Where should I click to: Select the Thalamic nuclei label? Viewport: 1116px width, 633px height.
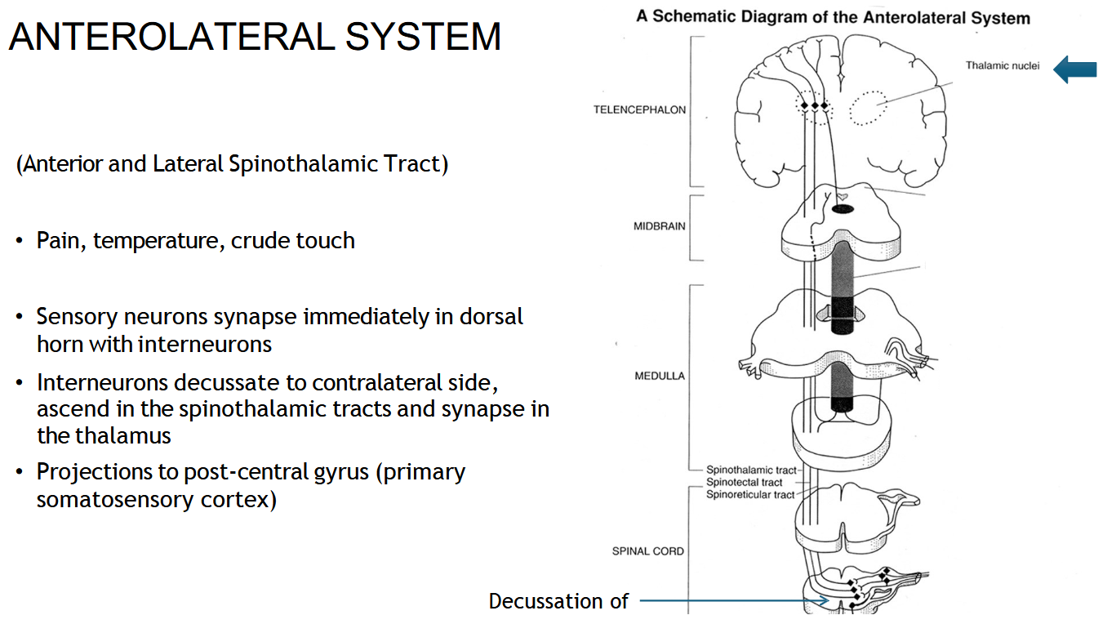tap(1002, 66)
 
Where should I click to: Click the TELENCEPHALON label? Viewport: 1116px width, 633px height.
tap(639, 110)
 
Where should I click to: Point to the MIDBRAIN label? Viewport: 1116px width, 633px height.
tap(660, 226)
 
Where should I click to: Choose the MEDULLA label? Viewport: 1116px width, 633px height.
tap(660, 377)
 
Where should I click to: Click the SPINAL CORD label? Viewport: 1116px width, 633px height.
tap(647, 551)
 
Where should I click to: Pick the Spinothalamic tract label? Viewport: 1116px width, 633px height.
tap(750, 470)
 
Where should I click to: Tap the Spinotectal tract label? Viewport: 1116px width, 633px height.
tap(744, 483)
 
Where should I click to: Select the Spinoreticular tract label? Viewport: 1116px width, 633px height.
tap(749, 494)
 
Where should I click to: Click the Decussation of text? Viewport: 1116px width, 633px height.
tap(558, 602)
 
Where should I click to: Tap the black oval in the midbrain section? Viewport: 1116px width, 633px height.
tap(843, 210)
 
